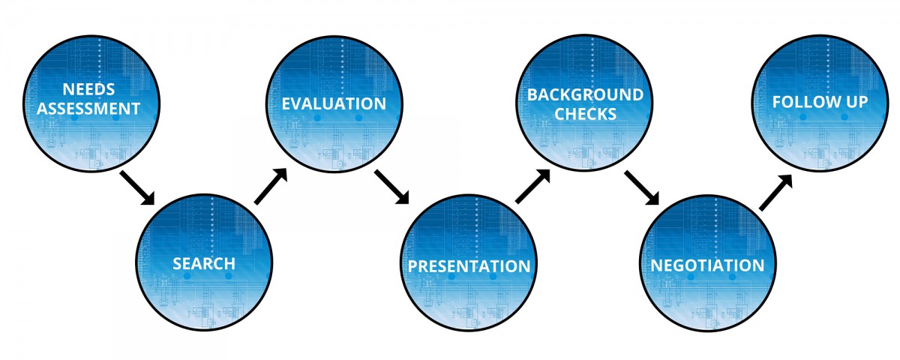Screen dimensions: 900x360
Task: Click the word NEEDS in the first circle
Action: pos(88,89)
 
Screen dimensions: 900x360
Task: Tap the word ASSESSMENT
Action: pos(88,109)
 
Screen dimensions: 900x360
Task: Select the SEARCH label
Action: pos(204,263)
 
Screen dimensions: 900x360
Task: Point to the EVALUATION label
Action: pos(334,103)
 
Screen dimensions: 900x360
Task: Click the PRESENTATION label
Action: pos(469,266)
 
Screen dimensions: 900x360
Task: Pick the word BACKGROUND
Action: pos(586,94)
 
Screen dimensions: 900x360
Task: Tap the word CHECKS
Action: pos(586,115)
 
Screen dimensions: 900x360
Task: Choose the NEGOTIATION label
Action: pos(707,265)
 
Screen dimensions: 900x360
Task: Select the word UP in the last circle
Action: pos(856,102)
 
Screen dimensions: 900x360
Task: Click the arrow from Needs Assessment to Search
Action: pos(137,188)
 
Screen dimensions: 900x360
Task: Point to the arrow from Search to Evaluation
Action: pos(271,187)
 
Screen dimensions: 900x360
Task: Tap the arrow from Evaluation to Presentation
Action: pos(391,187)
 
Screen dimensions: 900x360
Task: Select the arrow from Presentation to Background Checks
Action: pos(532,186)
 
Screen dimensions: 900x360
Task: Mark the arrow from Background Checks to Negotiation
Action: pos(642,188)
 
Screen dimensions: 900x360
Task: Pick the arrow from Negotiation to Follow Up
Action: pos(775,193)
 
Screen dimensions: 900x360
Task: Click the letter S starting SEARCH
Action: pos(178,263)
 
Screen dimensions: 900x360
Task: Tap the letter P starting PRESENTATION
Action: pos(413,266)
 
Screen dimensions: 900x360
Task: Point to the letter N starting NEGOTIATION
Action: pos(656,265)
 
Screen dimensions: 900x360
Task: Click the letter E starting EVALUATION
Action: pos(286,103)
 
